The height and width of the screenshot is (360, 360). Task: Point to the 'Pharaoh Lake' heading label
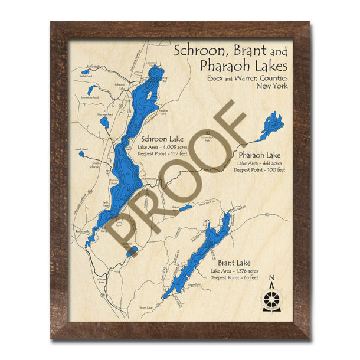(259, 155)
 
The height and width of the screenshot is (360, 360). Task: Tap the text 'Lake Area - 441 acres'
(259, 162)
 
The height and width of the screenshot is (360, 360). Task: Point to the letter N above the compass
(271, 279)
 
